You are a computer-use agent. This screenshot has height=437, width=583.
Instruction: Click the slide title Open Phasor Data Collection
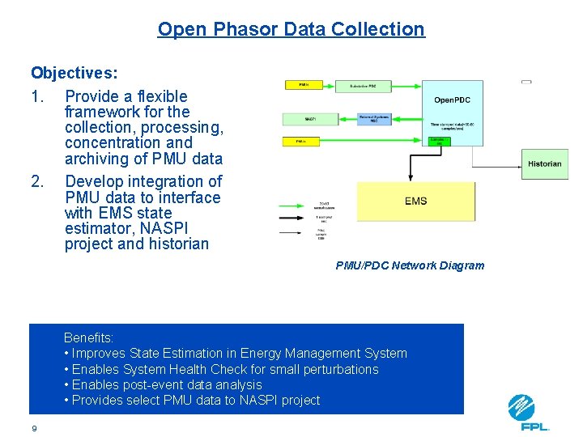(291, 29)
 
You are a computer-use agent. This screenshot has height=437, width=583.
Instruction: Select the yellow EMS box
(416, 202)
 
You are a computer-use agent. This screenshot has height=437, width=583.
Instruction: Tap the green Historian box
(544, 163)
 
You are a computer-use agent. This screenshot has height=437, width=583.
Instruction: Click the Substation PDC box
(362, 85)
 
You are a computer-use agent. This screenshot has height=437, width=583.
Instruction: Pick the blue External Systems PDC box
(373, 119)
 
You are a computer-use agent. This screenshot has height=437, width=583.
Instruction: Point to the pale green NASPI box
(310, 119)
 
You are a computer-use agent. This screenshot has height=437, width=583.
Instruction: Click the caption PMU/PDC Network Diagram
(410, 265)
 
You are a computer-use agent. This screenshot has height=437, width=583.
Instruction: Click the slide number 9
(34, 428)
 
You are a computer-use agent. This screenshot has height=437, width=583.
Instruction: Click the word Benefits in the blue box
(88, 337)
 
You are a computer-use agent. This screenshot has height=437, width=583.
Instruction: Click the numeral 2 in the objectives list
(36, 181)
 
